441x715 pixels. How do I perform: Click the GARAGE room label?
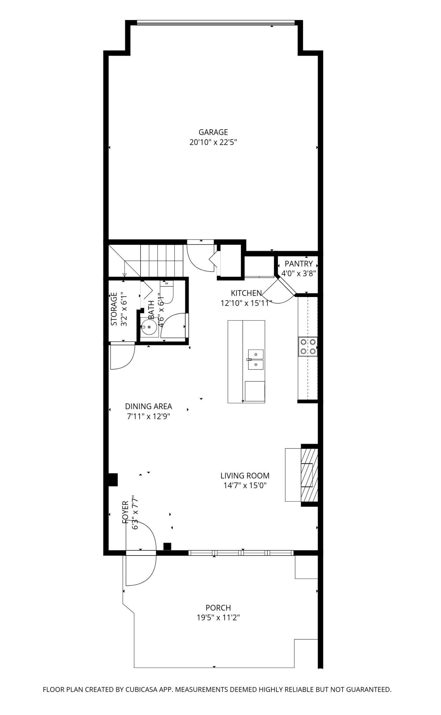(213, 132)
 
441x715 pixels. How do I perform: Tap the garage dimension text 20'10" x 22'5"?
(213, 142)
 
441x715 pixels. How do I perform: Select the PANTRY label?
(299, 264)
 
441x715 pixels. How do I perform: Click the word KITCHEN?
(246, 293)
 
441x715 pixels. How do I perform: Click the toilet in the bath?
(167, 292)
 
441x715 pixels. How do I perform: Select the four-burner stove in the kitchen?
(308, 346)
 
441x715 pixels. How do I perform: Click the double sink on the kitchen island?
(256, 360)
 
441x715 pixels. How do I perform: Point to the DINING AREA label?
(149, 406)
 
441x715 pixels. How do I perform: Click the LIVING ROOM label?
(245, 476)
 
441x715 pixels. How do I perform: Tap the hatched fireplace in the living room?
(309, 475)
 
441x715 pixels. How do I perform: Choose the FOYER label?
(125, 513)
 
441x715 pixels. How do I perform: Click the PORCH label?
(218, 608)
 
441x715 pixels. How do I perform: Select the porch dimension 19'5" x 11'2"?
(218, 618)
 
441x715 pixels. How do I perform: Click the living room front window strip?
(241, 553)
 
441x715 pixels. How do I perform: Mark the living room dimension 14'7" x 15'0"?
(245, 486)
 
